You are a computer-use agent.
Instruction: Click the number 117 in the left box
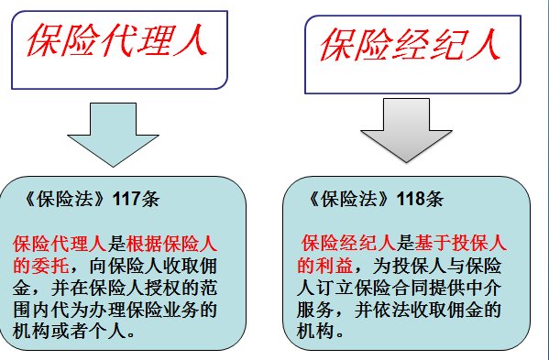pos(124,198)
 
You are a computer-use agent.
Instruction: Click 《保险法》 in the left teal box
pos(67,198)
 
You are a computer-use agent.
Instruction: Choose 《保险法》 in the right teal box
pos(353,198)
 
